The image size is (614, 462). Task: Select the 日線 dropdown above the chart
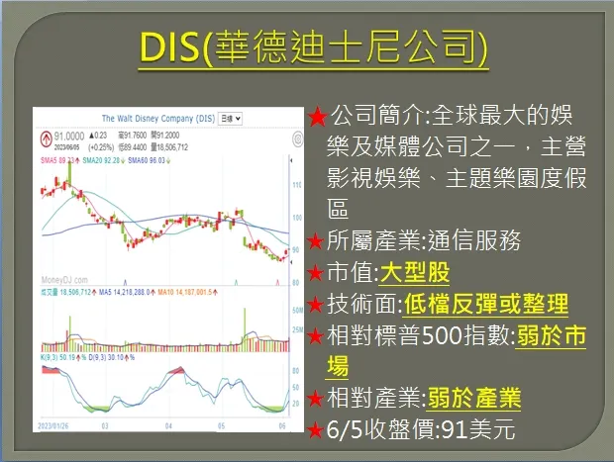tap(230, 118)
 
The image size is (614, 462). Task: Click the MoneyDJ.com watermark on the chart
tap(62, 280)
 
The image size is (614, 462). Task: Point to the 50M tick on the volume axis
tap(296, 311)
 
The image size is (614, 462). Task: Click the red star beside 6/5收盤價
tap(316, 431)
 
